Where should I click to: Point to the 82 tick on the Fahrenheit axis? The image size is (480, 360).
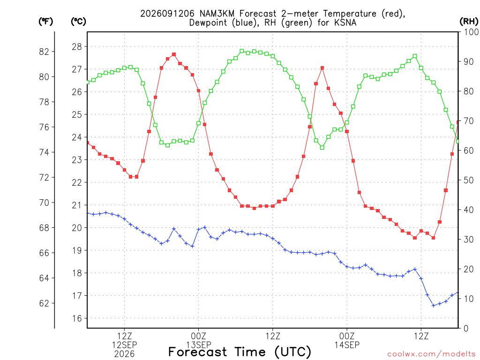pyautogui.click(x=44, y=52)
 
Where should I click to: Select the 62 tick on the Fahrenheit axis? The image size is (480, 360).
pyautogui.click(x=44, y=303)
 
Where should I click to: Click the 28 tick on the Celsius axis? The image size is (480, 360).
pyautogui.click(x=77, y=47)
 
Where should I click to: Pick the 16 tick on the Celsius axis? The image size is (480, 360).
pyautogui.click(x=77, y=318)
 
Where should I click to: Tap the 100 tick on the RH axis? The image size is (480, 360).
pyautogui.click(x=471, y=32)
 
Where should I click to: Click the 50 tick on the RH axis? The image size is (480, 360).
pyautogui.click(x=468, y=180)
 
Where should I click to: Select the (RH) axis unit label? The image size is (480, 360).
pyautogui.click(x=469, y=22)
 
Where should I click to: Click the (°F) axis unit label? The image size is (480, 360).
pyautogui.click(x=45, y=22)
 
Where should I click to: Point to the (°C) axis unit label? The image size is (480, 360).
pyautogui.click(x=78, y=22)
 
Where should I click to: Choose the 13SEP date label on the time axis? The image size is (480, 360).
pyautogui.click(x=199, y=345)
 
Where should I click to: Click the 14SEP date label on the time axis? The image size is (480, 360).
pyautogui.click(x=347, y=345)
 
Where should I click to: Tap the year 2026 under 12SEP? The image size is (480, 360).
pyautogui.click(x=124, y=354)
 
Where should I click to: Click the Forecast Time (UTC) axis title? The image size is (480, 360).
pyautogui.click(x=240, y=352)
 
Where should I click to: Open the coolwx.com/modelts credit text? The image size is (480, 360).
pyautogui.click(x=431, y=354)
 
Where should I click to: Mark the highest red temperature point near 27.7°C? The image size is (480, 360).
pyautogui.click(x=174, y=54)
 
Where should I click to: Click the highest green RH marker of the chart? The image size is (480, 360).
pyautogui.click(x=242, y=51)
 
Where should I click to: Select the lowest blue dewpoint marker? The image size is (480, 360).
pyautogui.click(x=434, y=306)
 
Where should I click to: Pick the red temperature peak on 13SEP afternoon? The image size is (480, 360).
pyautogui.click(x=322, y=68)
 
